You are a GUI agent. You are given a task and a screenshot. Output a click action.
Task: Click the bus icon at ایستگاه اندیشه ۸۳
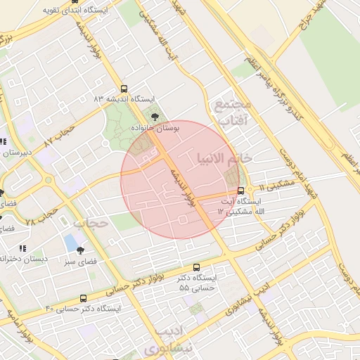point(124,89)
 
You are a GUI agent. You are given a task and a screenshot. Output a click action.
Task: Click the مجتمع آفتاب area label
point(233,113)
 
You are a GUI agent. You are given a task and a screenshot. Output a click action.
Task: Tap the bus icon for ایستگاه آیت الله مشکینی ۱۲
point(241,191)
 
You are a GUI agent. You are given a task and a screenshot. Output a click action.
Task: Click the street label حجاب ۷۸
point(39,212)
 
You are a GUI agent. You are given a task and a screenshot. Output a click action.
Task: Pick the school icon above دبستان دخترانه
point(22,248)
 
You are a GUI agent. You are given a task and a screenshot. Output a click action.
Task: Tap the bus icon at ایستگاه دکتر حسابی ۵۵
point(196,267)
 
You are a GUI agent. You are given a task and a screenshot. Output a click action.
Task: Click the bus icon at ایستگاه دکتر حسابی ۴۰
point(84,299)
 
